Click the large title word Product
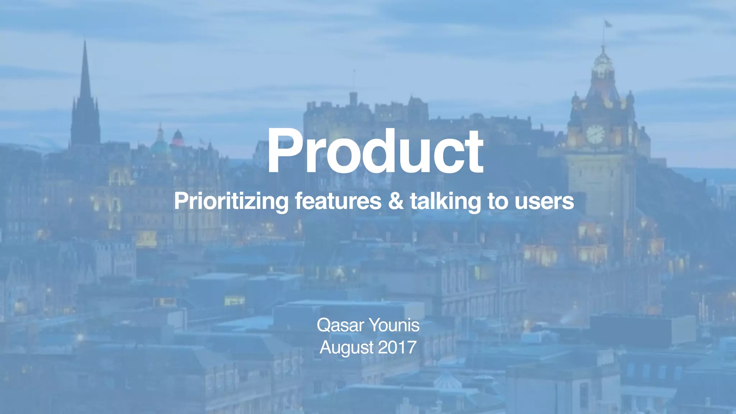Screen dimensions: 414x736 375,152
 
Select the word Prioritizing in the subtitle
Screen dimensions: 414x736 231,201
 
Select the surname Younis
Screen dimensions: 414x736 394,326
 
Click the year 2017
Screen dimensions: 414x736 397,348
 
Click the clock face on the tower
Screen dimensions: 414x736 595,134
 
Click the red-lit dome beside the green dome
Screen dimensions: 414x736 178,138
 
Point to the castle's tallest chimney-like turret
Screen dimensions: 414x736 353,98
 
